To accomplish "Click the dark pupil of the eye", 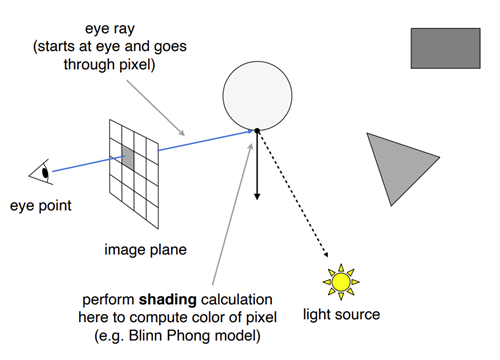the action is pos(45,173).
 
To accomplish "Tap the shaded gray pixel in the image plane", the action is pos(128,158).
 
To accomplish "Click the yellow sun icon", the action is pos(341,282).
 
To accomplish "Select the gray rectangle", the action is pos(446,48).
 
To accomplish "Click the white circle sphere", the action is pos(257,96).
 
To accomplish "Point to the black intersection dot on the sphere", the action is pos(257,131).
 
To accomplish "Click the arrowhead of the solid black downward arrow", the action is pos(257,196).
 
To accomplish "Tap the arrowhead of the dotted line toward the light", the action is pos(325,254).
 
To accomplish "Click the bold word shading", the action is pos(167,300).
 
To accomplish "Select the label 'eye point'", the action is pos(41,205).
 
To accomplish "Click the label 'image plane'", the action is pos(145,250).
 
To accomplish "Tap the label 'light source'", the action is pos(341,314).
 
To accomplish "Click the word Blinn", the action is pos(146,335).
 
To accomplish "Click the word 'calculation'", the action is pos(237,300).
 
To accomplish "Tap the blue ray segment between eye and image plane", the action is pos(88,164).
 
